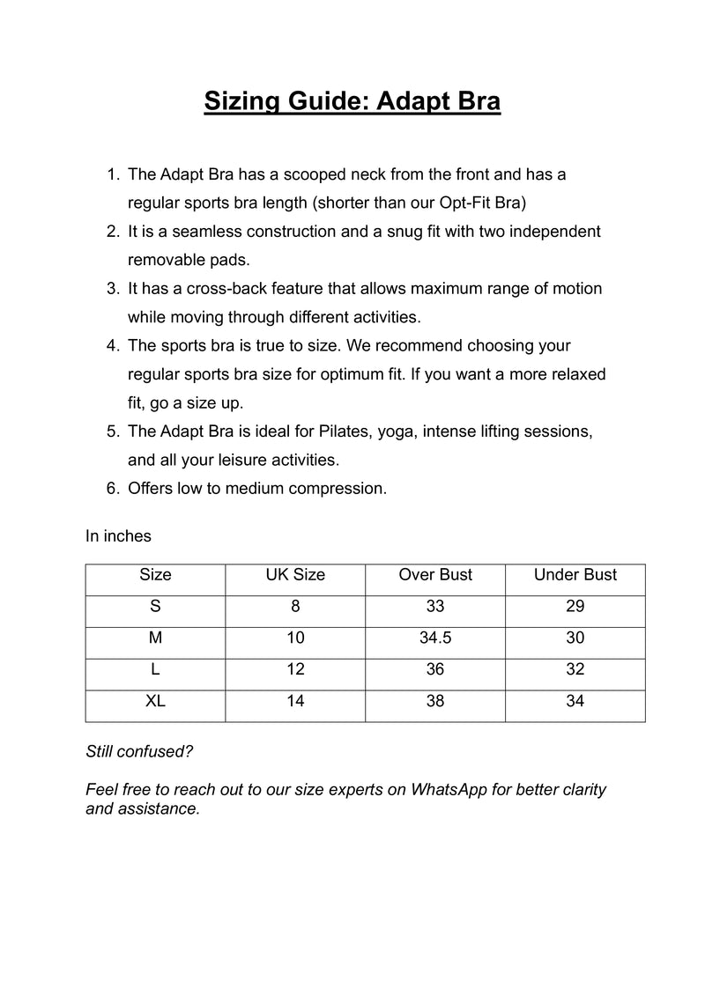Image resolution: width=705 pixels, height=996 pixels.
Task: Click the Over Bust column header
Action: tap(435, 575)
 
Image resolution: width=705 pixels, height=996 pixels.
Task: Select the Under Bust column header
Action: tap(575, 575)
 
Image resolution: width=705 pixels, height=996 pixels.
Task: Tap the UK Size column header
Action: tap(295, 575)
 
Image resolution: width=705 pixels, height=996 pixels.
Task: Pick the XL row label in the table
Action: tap(155, 702)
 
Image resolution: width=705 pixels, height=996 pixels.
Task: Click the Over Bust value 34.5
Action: tap(435, 638)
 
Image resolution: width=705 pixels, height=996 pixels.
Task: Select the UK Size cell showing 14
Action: tap(295, 702)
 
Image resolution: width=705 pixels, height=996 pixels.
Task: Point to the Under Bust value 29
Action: tap(575, 607)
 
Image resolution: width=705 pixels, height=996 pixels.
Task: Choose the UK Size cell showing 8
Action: tap(295, 607)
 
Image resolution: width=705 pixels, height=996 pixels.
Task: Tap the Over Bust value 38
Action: tap(435, 702)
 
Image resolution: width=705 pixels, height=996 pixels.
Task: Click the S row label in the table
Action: tap(155, 607)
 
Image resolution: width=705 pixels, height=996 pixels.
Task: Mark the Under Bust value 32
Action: tap(575, 670)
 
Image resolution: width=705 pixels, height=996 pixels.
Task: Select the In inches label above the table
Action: tap(118, 535)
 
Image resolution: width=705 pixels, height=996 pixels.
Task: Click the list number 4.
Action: tap(112, 346)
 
